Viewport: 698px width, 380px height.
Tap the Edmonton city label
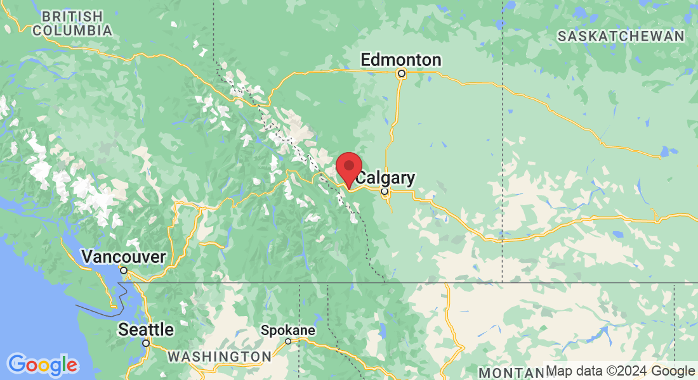[400, 60]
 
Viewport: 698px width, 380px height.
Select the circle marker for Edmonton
[401, 74]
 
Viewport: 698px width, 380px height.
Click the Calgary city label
[385, 178]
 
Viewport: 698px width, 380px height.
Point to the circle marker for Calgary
[384, 191]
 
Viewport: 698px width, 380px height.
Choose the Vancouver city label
[124, 257]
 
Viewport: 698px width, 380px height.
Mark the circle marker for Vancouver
[124, 270]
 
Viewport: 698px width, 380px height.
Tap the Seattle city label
[146, 329]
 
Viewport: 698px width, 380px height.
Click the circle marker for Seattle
[146, 343]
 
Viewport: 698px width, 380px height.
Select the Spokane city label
[288, 331]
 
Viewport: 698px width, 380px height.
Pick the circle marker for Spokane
[288, 341]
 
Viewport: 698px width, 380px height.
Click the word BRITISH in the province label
[72, 16]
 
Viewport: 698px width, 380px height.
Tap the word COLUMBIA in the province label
[72, 30]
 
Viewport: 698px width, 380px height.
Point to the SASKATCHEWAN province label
[621, 36]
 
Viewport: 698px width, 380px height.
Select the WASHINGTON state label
[220, 357]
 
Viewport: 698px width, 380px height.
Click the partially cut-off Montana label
[510, 372]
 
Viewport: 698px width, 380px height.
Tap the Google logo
[43, 365]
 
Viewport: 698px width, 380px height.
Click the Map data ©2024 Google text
[620, 371]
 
